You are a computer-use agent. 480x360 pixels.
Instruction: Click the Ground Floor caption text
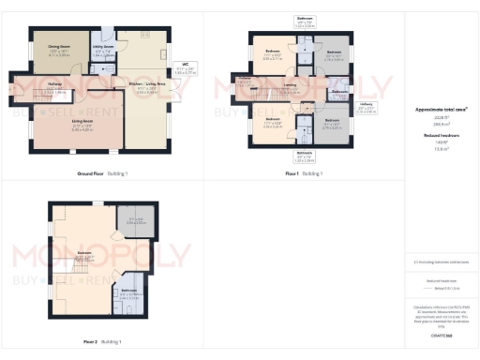tap(92, 173)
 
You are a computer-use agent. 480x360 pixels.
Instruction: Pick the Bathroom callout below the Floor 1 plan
tap(306, 155)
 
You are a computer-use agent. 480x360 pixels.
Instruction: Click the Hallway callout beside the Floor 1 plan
tap(366, 109)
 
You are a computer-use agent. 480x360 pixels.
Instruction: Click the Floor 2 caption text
tap(90, 341)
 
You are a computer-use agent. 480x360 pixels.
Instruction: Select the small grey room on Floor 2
tap(130, 222)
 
